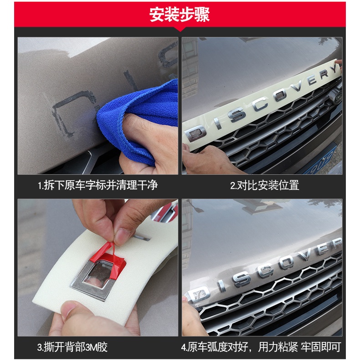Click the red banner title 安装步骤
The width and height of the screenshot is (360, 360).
tap(179, 15)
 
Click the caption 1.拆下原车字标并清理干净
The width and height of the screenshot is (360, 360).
tap(98, 185)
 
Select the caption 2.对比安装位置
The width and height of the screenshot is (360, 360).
tap(264, 185)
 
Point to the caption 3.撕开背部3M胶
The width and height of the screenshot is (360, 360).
tap(72, 347)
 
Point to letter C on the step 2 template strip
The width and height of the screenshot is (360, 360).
tap(260, 104)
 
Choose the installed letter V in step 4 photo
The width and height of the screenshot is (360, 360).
tap(306, 254)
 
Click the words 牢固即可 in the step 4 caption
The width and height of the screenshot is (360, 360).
tap(321, 347)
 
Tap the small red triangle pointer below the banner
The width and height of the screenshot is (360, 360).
tap(180, 29)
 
